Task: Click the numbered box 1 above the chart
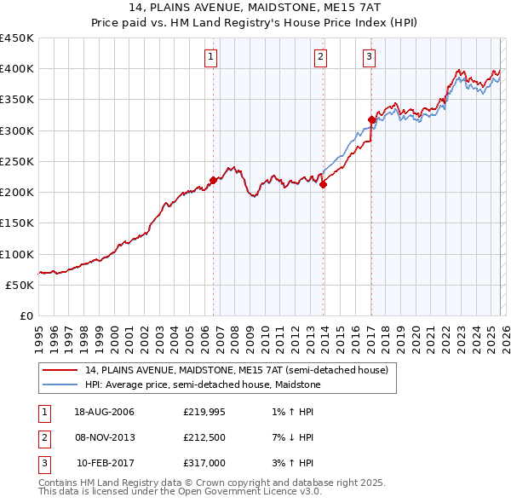coord(210,57)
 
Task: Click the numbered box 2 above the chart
coord(320,57)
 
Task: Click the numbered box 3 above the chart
coord(369,57)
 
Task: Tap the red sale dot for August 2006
coord(213,179)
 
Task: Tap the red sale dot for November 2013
coord(324,184)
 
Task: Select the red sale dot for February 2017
coord(372,119)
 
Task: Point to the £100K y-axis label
coord(17,254)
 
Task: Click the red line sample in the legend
coord(60,370)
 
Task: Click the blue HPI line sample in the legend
coord(60,385)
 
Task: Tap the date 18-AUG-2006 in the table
coord(104,412)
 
